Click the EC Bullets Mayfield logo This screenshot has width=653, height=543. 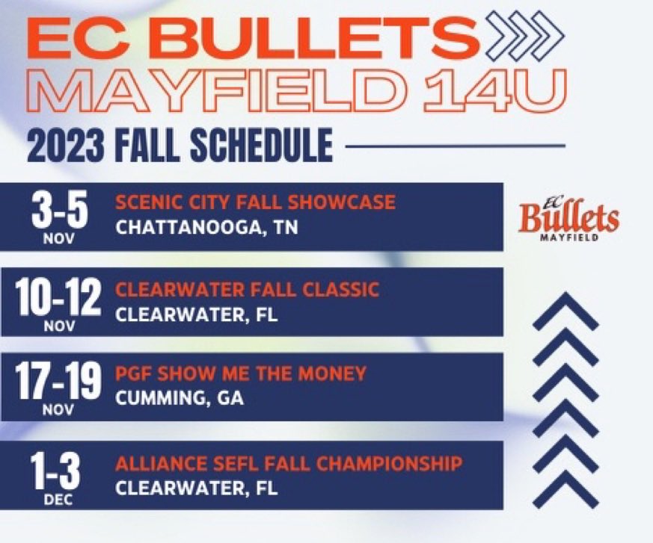tap(568, 217)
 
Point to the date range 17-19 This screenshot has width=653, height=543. tap(57, 382)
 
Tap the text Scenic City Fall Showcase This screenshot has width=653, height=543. tap(255, 202)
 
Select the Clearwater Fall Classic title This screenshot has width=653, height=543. tap(247, 289)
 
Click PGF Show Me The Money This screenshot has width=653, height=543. tap(241, 373)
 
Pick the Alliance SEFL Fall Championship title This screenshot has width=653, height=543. tap(288, 464)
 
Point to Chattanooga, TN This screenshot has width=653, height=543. tap(206, 227)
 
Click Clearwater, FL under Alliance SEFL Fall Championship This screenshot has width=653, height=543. tap(196, 488)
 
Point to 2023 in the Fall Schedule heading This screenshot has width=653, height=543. tap(66, 145)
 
